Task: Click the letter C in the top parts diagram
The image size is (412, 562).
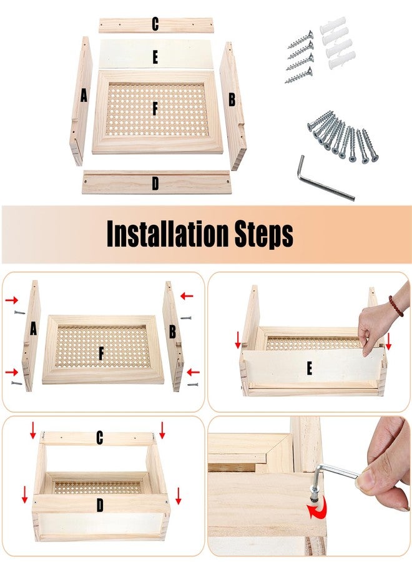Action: pos(155,24)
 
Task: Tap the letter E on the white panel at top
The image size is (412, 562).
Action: pos(155,57)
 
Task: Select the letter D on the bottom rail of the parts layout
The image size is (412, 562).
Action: pos(155,183)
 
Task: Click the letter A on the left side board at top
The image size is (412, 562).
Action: pos(84,96)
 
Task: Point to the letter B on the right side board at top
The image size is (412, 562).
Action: pos(232,99)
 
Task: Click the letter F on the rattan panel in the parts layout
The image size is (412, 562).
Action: pos(155,108)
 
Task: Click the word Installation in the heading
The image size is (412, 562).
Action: pos(167,234)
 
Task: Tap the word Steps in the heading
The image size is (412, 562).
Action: pos(264,235)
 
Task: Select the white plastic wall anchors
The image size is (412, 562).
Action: pos(338,43)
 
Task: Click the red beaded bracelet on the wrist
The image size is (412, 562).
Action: pos(396,306)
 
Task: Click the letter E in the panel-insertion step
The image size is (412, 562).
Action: pos(309,368)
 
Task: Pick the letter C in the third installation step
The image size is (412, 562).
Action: pos(100,438)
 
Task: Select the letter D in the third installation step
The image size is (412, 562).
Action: pos(100,505)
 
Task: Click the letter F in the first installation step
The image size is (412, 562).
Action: pos(101,353)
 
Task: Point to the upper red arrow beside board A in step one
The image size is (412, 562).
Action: pos(11,300)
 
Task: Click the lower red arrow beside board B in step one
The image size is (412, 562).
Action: pos(193,372)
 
